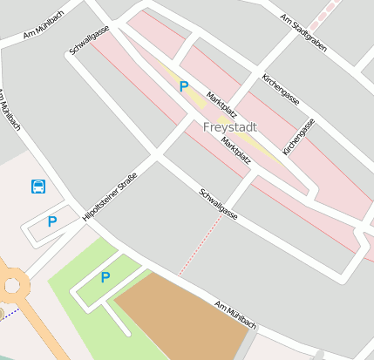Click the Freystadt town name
[230, 126]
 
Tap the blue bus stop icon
[38, 186]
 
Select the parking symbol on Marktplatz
[183, 86]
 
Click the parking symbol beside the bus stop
[51, 221]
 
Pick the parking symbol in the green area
[105, 277]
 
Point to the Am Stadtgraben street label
[303, 32]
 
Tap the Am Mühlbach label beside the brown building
[235, 314]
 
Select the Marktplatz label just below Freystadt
[236, 150]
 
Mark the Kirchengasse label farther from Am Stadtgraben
[299, 136]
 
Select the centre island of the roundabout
[10, 285]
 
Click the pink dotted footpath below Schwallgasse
[200, 244]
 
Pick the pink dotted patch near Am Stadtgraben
[328, 12]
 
